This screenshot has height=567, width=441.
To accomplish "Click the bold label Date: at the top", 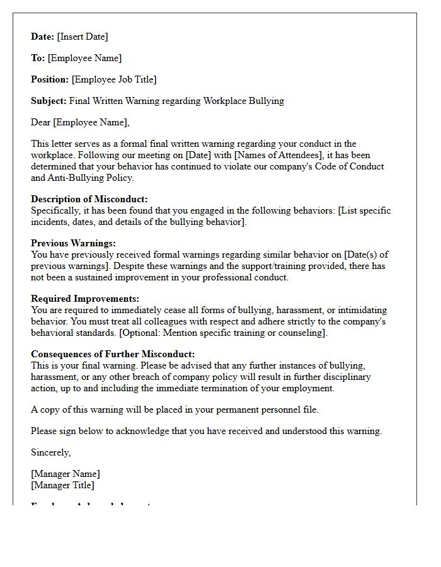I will pos(43,37).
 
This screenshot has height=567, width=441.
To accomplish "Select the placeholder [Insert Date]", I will pos(83,37).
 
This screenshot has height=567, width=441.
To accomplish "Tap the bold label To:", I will pos(38,58).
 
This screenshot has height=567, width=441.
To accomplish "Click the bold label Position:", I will pos(50,79).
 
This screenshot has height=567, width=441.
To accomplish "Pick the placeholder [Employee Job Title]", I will pos(114,79).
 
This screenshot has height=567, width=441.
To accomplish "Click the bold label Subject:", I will pos(49,101).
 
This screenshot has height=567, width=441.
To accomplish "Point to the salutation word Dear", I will pos(41,122).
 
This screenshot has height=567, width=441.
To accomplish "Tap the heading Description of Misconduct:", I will pos(89,199).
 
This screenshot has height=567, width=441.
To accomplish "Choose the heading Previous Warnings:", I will pos(74,243).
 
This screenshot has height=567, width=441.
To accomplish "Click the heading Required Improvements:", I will pos(85,299).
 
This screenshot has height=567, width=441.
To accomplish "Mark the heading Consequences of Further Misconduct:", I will pos(113,354).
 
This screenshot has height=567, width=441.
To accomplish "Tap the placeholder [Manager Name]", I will pos(66,474).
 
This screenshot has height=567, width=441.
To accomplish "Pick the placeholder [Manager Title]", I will pos(62,485).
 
